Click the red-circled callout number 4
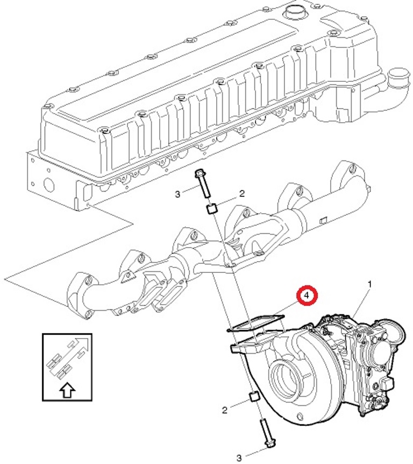click(307, 296)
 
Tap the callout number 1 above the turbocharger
click(369, 284)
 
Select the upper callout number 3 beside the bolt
click(177, 194)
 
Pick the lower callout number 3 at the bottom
click(239, 458)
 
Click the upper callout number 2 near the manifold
click(242, 194)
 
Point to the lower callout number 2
click(225, 410)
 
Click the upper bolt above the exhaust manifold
click(203, 183)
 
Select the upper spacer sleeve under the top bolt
click(212, 209)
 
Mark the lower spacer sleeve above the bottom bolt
click(254, 396)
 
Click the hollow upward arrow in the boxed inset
click(67, 390)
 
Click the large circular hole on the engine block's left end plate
click(49, 184)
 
